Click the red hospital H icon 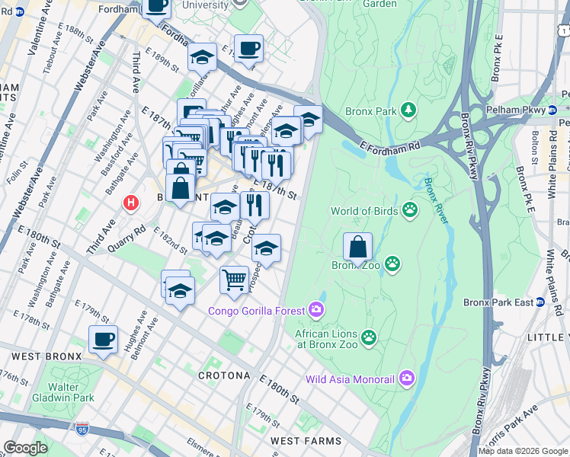pyautogui.click(x=131, y=203)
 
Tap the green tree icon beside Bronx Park pyautogui.click(x=409, y=111)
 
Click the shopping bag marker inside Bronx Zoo pyautogui.click(x=357, y=248)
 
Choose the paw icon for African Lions pyautogui.click(x=369, y=337)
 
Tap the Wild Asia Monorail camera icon pyautogui.click(x=406, y=379)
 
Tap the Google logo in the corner pyautogui.click(x=25, y=448)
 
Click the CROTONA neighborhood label pyautogui.click(x=224, y=376)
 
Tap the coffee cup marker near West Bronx pyautogui.click(x=103, y=340)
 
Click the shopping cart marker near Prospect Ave pyautogui.click(x=234, y=279)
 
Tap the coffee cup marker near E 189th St pyautogui.click(x=248, y=50)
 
